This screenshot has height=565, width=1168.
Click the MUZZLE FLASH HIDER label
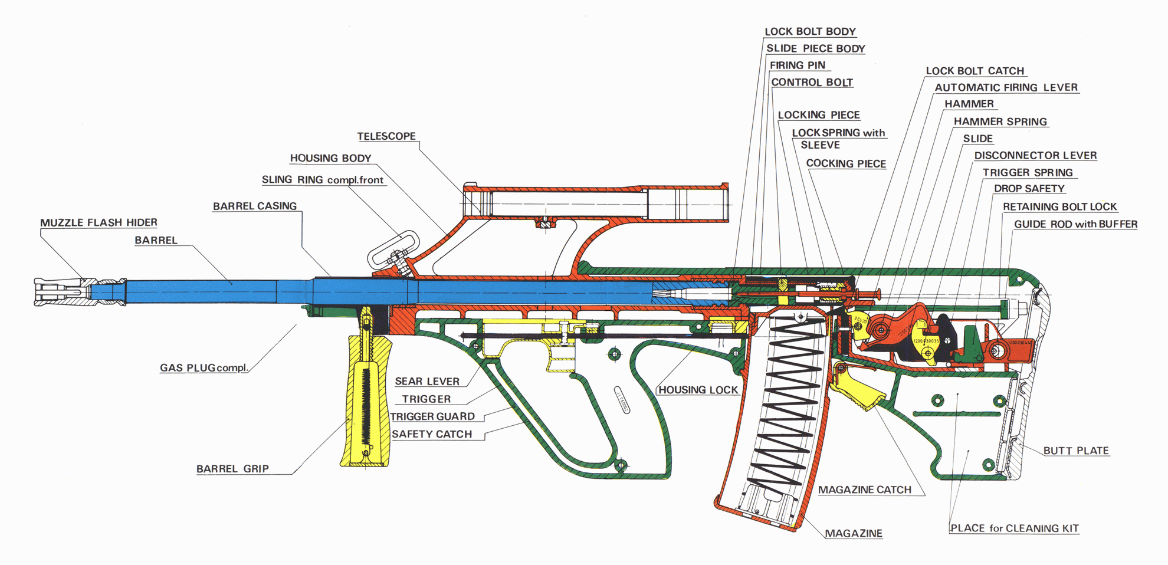pos(99,223)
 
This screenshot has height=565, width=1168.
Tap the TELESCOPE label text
pos(386,136)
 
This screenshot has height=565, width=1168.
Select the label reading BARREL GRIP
pos(232,469)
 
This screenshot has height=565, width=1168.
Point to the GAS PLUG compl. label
pos(204,368)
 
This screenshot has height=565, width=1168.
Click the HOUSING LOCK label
pos(698,390)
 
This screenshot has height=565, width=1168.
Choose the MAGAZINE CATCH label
pos(864,490)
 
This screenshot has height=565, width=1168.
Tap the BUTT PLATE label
pos(1076,451)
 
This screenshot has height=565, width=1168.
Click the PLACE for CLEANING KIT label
pos(1014,528)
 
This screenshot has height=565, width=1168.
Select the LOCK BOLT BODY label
pos(810,32)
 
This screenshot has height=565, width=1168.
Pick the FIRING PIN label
pos(797,65)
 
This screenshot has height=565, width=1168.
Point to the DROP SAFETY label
pos(1029,189)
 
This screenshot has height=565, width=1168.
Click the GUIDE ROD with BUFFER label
pos(1075,224)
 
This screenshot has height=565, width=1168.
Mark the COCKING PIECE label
pos(846,164)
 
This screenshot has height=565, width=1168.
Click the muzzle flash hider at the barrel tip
pos(62,292)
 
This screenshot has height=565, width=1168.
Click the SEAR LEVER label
pos(426,382)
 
